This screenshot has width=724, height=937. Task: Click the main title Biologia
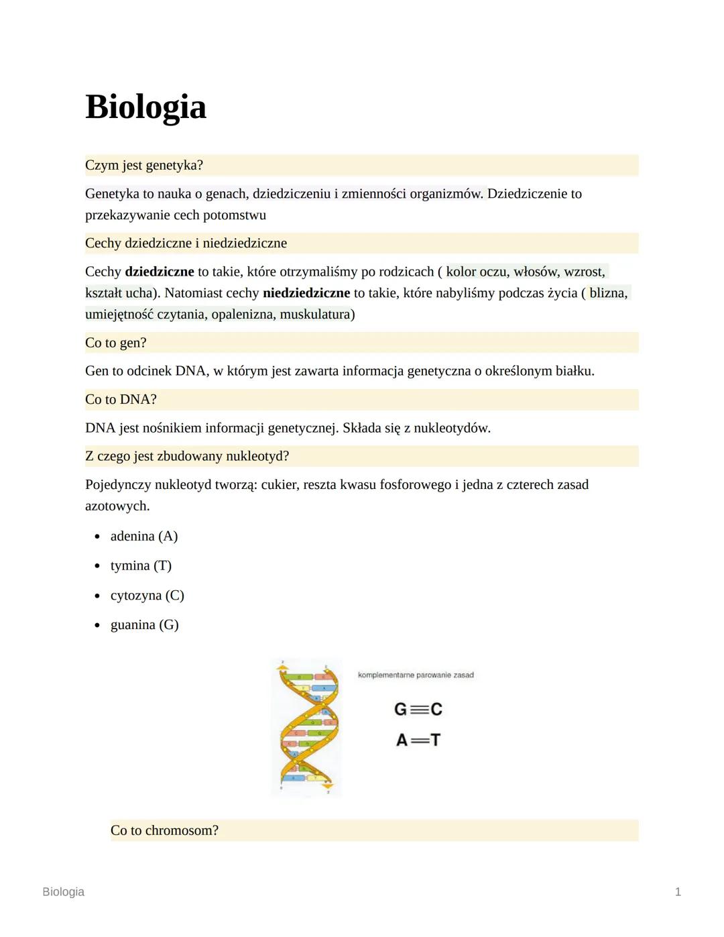145,107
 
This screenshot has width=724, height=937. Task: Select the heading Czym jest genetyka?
144,165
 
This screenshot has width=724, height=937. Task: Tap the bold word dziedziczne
159,272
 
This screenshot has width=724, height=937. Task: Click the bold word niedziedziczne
306,293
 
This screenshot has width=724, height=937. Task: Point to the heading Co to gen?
116,343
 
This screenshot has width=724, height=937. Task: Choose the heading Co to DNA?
121,400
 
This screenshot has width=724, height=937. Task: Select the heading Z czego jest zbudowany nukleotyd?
187,456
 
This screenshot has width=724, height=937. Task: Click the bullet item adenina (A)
144,536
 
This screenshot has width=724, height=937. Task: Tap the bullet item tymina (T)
141,565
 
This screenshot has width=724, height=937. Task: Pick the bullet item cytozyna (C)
147,595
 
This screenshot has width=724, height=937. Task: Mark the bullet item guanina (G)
144,624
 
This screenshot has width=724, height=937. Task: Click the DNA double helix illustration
306,728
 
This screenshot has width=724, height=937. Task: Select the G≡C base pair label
418,709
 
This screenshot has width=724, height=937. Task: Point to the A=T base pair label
418,740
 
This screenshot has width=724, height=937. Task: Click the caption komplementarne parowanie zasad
416,675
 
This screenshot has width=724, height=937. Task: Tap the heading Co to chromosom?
164,830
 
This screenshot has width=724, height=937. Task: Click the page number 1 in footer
678,891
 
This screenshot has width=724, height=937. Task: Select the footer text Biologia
63,891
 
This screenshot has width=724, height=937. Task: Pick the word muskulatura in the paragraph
315,315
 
